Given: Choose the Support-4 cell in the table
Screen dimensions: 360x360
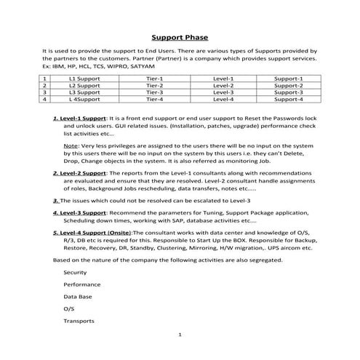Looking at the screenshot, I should [289, 100].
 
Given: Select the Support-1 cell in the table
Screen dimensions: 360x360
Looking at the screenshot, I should [289, 78].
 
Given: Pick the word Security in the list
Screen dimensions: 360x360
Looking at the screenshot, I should [76, 272].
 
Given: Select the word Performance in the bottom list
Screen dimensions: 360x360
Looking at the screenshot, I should [81, 284].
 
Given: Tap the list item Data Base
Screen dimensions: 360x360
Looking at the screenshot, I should [78, 297].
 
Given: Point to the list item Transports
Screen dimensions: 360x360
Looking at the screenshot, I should [79, 321].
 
